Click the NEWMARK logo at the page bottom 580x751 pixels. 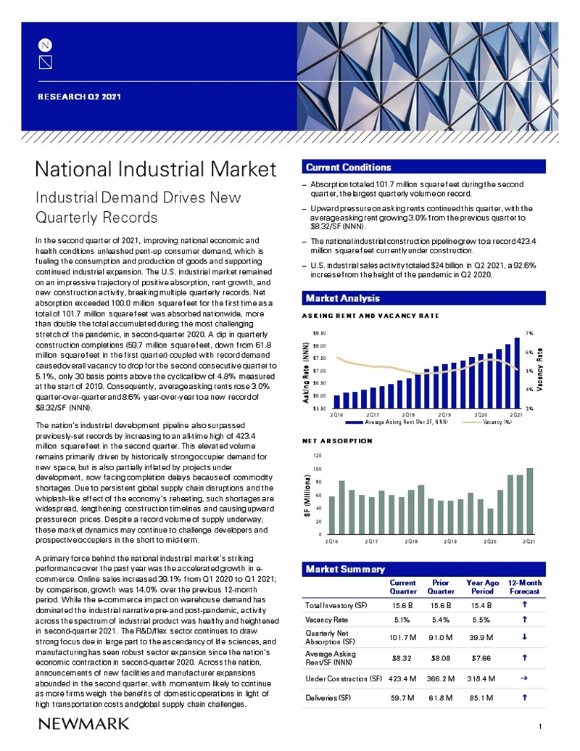pyautogui.click(x=83, y=723)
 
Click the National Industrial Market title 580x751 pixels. pyautogui.click(x=156, y=169)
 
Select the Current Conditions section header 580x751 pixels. pyautogui.click(x=348, y=168)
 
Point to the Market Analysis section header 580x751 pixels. pyautogui.click(x=342, y=297)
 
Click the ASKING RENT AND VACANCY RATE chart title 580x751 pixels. pyautogui.click(x=370, y=316)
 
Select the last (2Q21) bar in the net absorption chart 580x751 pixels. pyautogui.click(x=529, y=501)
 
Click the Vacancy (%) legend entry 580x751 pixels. pyautogui.click(x=497, y=422)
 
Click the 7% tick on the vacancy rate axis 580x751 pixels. pyautogui.click(x=529, y=333)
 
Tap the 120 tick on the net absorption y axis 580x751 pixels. pyautogui.click(x=318, y=456)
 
